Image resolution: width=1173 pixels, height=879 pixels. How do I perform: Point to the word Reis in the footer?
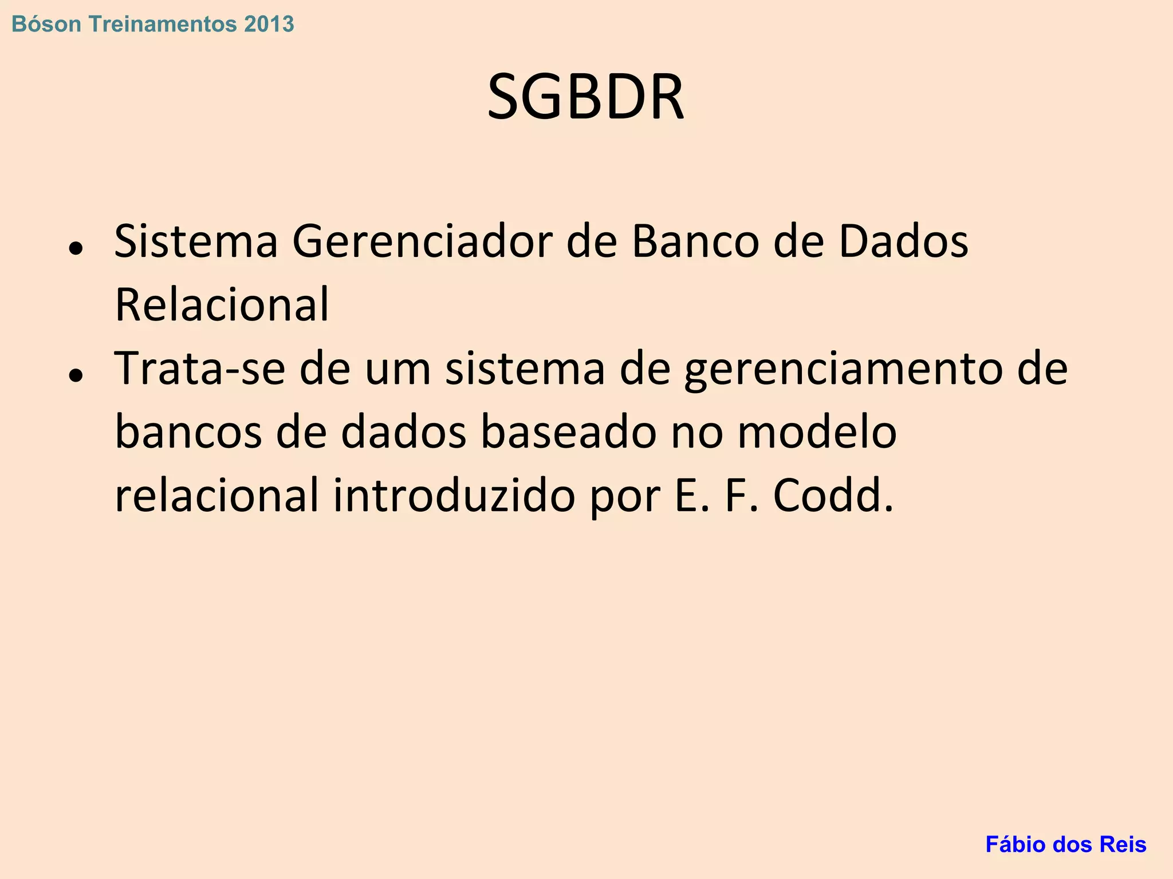[1124, 845]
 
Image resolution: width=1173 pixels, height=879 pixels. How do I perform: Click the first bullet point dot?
[76, 248]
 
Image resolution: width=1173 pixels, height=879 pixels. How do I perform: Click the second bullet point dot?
[76, 375]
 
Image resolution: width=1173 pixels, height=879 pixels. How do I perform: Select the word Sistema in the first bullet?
[196, 241]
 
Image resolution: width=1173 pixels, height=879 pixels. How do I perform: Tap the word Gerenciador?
[422, 241]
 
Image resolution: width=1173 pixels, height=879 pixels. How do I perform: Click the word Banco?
[695, 241]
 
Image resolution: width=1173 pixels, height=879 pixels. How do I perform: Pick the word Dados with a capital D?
[903, 241]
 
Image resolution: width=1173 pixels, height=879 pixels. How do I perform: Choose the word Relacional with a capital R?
[222, 304]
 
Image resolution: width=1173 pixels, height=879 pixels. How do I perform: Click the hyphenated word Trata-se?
[199, 369]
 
